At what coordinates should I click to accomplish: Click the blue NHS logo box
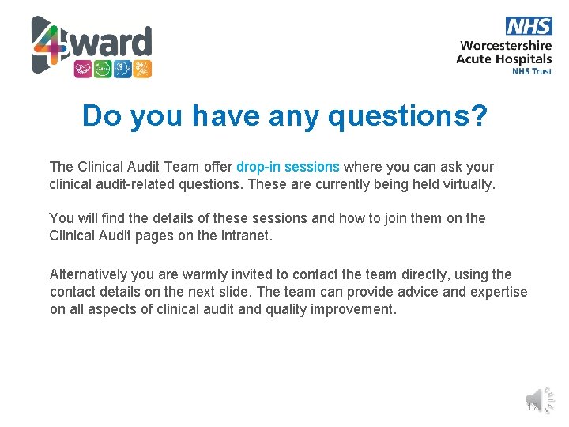[x=529, y=25]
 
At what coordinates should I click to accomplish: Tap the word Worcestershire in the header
[x=505, y=45]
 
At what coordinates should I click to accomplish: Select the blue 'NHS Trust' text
[x=532, y=71]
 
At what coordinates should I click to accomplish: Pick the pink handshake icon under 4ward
[x=83, y=69]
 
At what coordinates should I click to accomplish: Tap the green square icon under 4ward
[x=103, y=69]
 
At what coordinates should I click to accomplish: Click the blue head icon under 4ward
[x=122, y=69]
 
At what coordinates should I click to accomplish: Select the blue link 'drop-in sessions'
[x=288, y=167]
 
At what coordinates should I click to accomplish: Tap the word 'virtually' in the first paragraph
[x=466, y=184]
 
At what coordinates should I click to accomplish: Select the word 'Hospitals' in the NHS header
[x=525, y=59]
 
